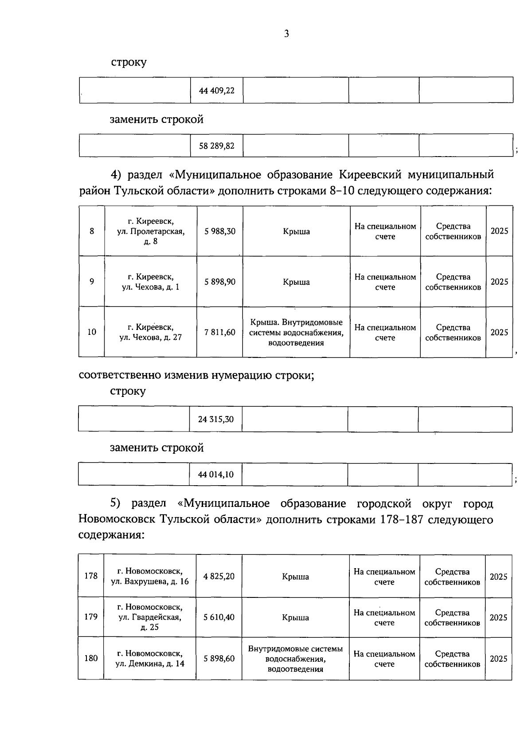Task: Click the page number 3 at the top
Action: pyautogui.click(x=286, y=34)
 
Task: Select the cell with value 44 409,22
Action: pyautogui.click(x=217, y=90)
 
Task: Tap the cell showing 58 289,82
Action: pyautogui.click(x=217, y=145)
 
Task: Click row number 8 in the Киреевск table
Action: pyautogui.click(x=92, y=231)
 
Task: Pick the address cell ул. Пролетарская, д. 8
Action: pyautogui.click(x=151, y=231)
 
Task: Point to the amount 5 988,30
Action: pyautogui.click(x=220, y=231)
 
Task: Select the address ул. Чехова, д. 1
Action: pyautogui.click(x=151, y=282)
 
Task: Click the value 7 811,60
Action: pyautogui.click(x=220, y=332)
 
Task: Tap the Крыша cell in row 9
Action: pyautogui.click(x=296, y=282)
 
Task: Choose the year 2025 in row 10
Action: pyautogui.click(x=499, y=332)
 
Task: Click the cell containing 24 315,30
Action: pyautogui.click(x=216, y=419)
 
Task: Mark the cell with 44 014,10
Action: pyautogui.click(x=216, y=475)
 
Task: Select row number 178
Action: pyautogui.click(x=91, y=576)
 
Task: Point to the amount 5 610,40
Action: pyautogui.click(x=219, y=617)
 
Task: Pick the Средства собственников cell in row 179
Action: pyautogui.click(x=452, y=617)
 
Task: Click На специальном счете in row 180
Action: pyautogui.click(x=384, y=659)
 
